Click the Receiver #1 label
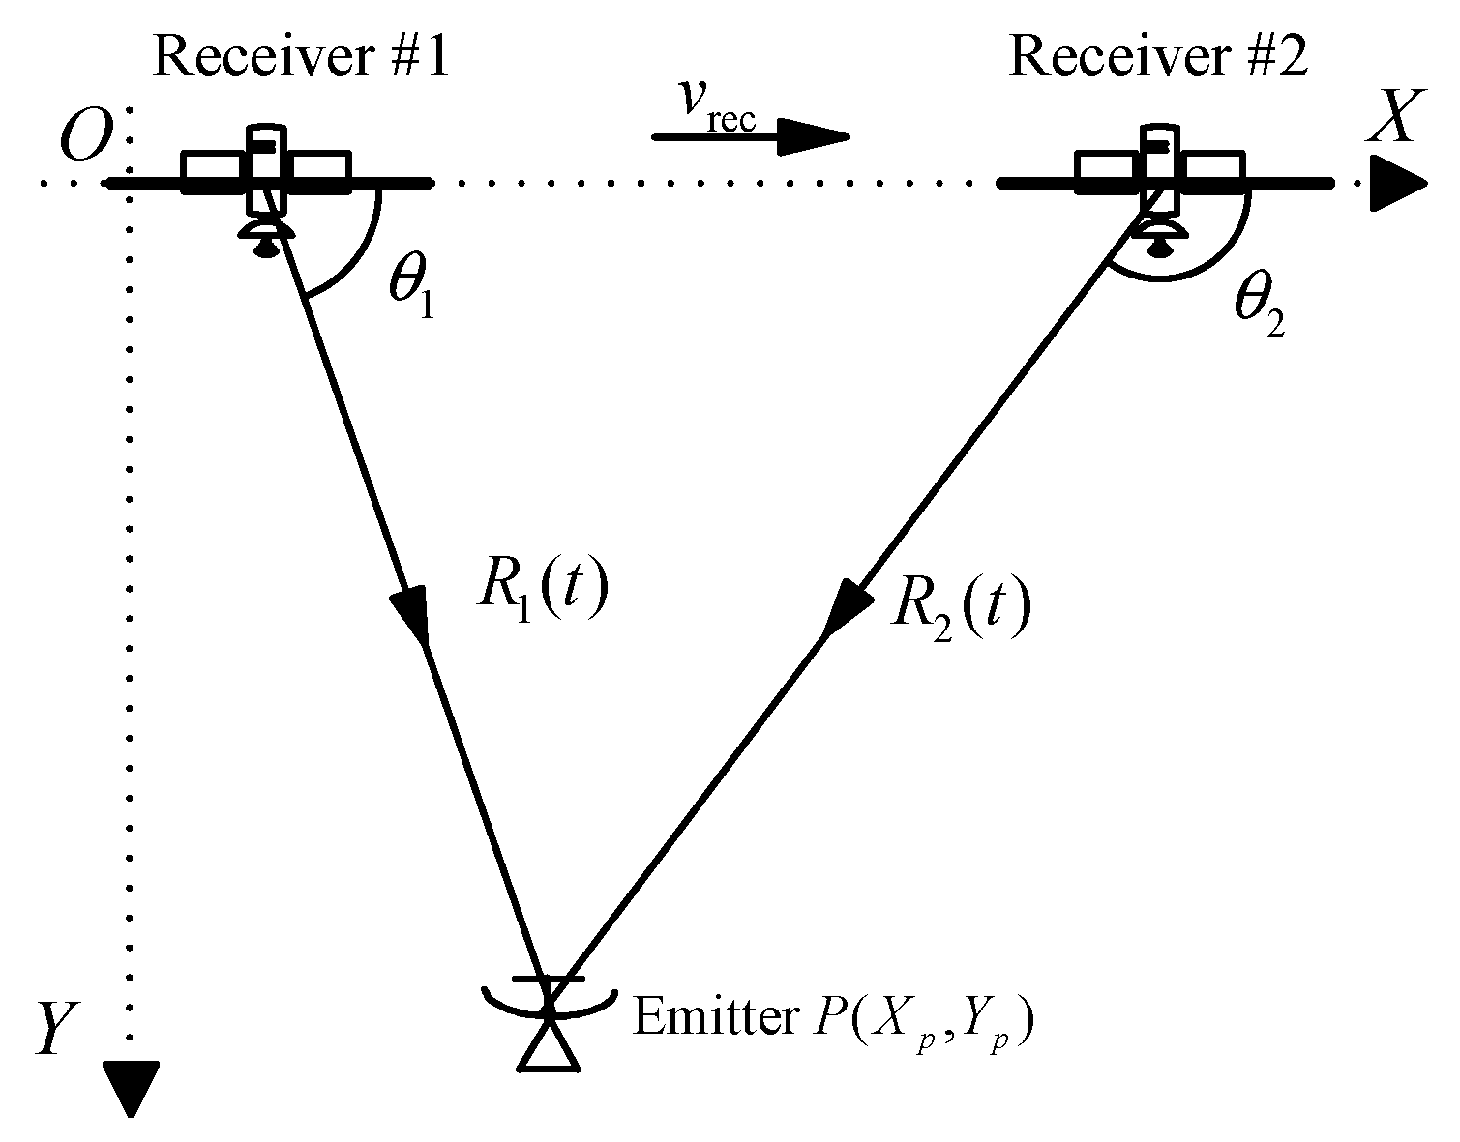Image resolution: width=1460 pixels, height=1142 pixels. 302,57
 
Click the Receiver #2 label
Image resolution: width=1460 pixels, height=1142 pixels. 1158,57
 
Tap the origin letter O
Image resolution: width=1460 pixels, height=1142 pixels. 86,142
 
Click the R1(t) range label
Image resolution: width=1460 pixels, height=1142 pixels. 543,590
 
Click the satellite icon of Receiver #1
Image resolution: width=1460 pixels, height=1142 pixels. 266,179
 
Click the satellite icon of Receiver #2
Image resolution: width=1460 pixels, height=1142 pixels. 1160,179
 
